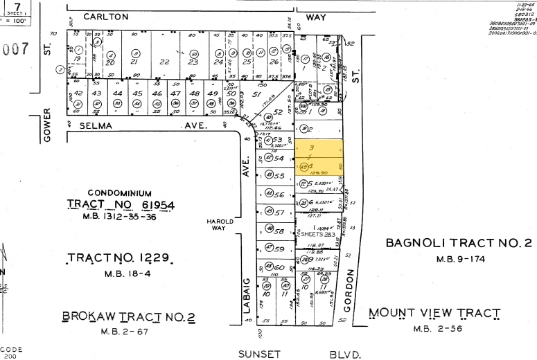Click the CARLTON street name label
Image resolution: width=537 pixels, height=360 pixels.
105,16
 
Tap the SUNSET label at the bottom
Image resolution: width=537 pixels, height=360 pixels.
259,354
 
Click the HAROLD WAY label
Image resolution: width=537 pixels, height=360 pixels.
219,225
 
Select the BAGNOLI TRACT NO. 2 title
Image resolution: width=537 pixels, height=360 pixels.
458,242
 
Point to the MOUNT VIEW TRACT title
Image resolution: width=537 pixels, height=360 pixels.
434,313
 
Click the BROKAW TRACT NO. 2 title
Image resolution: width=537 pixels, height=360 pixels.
129,316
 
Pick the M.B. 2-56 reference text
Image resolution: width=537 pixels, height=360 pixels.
434,329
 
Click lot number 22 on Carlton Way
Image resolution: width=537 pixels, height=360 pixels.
164,62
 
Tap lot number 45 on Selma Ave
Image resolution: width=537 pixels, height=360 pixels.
137,93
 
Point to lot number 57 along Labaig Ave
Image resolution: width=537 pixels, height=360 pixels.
279,213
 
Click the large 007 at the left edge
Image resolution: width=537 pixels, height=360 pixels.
15,49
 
